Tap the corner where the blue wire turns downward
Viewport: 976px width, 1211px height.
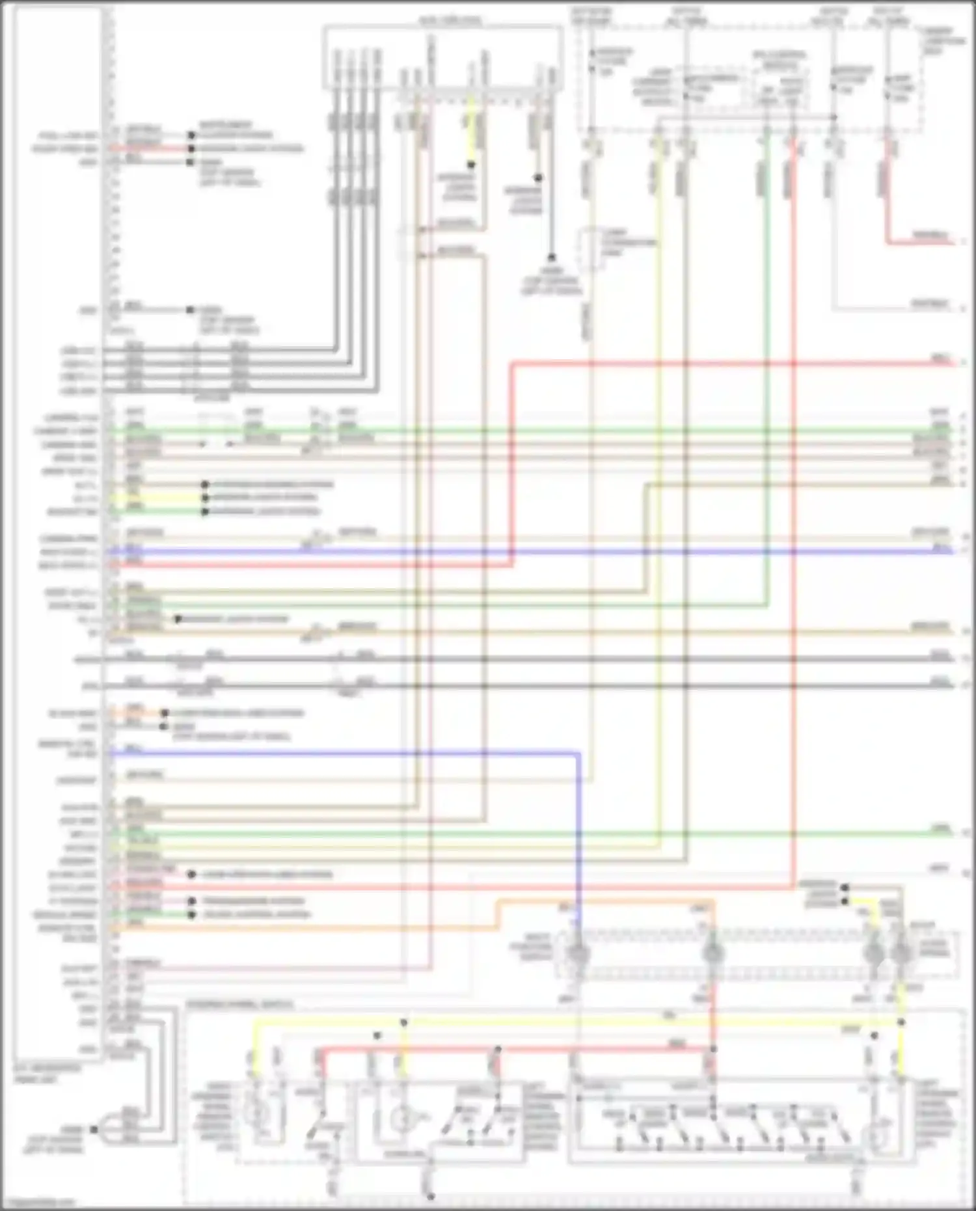578,754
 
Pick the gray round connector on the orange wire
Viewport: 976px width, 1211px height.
713,954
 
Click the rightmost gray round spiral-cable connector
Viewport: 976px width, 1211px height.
901,954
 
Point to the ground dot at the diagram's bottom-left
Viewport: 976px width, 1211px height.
94,1129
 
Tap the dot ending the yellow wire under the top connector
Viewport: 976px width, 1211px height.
471,165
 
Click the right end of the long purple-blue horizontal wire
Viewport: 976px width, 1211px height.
951,551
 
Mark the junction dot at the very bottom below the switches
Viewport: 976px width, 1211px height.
430,1196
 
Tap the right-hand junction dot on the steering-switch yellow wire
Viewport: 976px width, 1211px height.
901,1022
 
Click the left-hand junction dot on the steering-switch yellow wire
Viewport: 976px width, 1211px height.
403,1023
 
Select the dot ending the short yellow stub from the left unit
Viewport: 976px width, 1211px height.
205,498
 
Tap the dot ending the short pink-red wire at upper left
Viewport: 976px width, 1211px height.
191,149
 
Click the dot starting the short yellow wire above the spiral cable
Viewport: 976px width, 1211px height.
845,901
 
